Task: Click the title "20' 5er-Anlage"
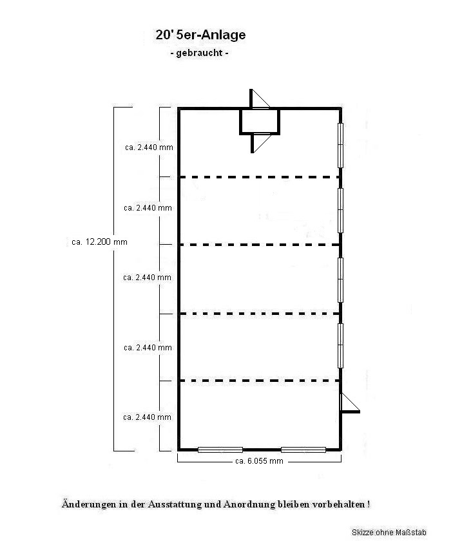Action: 200,35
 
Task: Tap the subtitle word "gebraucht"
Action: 200,53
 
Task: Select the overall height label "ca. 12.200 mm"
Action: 99,242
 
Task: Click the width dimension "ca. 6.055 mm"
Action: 260,461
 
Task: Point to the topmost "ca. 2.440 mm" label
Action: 149,147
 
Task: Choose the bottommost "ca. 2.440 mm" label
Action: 148,417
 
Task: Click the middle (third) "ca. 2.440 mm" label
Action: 148,278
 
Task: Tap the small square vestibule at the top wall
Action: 260,121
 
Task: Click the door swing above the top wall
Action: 260,99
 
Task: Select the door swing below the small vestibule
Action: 261,143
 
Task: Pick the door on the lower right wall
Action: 350,403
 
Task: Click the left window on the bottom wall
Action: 220,450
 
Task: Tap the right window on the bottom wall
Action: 303,450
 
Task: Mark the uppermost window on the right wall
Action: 341,145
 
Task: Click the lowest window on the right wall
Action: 341,345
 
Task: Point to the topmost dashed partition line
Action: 260,177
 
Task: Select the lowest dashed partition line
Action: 260,381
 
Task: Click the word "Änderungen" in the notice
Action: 88,504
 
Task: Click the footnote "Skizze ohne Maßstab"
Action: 389,533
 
